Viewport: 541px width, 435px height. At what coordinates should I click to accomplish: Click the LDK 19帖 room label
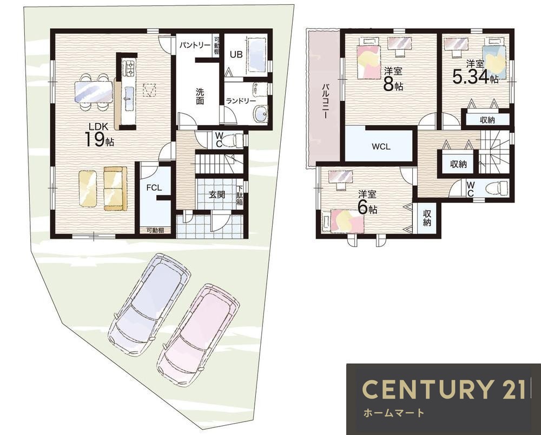click(x=100, y=135)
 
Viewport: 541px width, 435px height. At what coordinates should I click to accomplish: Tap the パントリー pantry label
click(x=195, y=46)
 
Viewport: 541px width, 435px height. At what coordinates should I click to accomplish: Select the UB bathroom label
click(x=236, y=55)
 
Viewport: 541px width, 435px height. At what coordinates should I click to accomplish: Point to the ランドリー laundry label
click(x=241, y=101)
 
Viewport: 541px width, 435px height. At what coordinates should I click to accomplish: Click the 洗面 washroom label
click(x=200, y=96)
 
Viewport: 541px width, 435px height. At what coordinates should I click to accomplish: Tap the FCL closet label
click(x=154, y=187)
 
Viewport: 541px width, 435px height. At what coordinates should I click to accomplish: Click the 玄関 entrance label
click(x=217, y=194)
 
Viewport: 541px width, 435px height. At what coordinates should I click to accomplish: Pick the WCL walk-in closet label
click(x=381, y=146)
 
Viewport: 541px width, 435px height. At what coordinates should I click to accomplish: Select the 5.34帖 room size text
click(x=476, y=77)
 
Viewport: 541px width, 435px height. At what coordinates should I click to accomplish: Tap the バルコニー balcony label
click(x=325, y=101)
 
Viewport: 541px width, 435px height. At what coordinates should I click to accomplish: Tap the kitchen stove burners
click(x=130, y=68)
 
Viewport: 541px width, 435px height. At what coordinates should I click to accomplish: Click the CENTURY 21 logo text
click(x=444, y=389)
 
